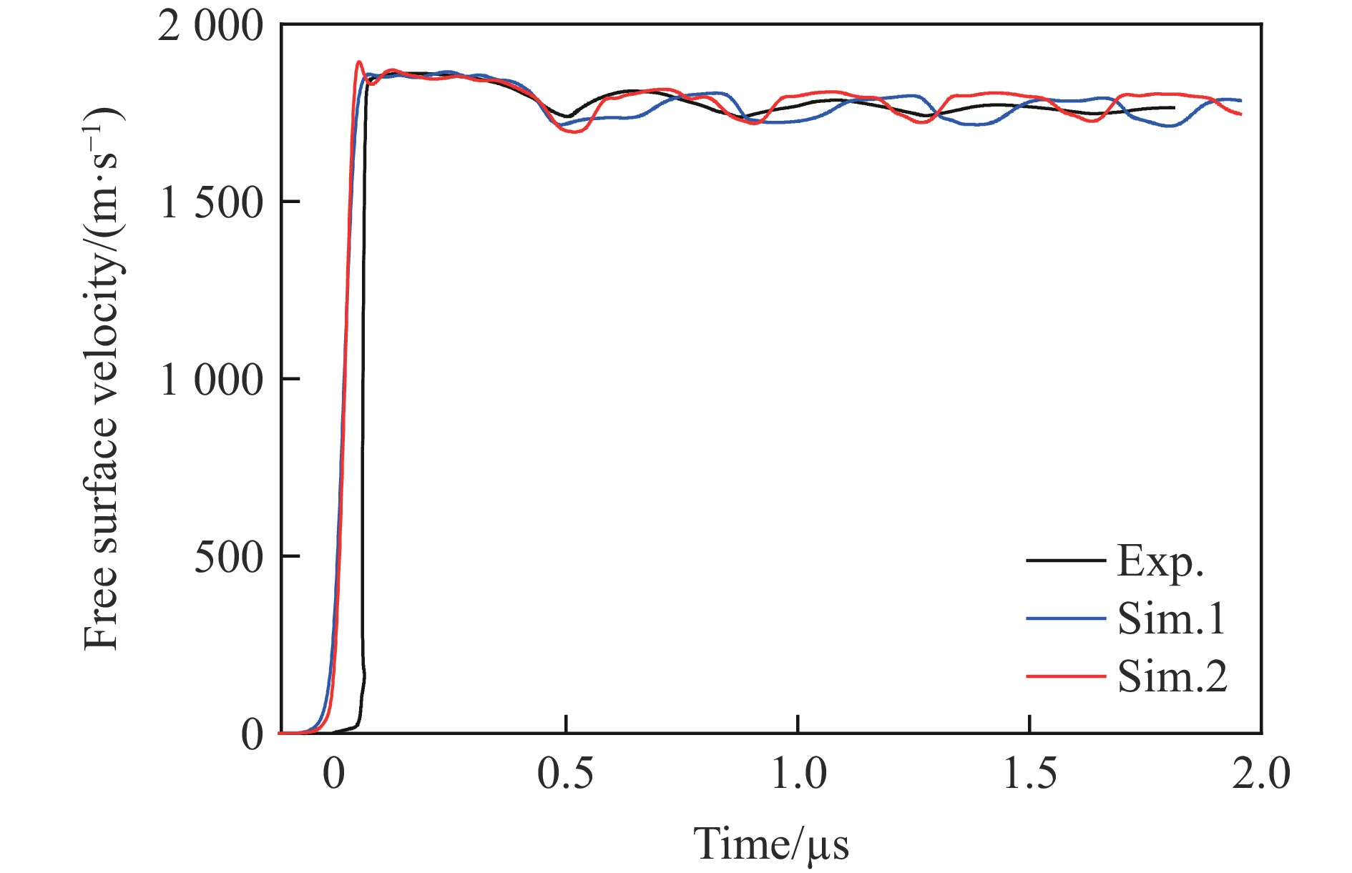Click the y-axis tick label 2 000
pyautogui.click(x=210, y=29)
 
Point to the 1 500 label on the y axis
pyautogui.click(x=210, y=203)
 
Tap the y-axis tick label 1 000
pyautogui.click(x=210, y=380)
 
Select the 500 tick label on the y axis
pyautogui.click(x=228, y=557)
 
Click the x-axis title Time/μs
pyautogui.click(x=771, y=844)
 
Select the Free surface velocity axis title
pyautogui.click(x=102, y=379)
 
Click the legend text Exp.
pyautogui.click(x=1160, y=562)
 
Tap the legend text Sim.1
pyautogui.click(x=1172, y=618)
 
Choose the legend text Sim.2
pyautogui.click(x=1172, y=676)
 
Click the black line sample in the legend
pyautogui.click(x=1065, y=560)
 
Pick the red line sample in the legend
pyautogui.click(x=1065, y=675)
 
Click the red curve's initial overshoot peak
pyautogui.click(x=359, y=62)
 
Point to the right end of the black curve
pyautogui.click(x=1174, y=108)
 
